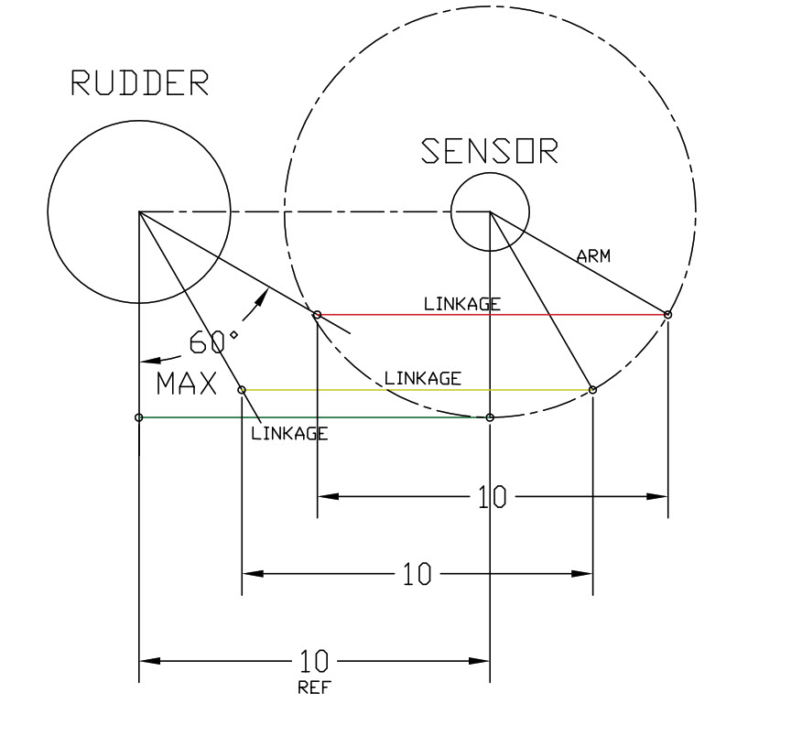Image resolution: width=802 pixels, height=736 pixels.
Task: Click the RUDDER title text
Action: point(140,83)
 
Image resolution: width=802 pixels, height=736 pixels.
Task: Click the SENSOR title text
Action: point(490,151)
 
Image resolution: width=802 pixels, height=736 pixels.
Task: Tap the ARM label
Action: point(593,255)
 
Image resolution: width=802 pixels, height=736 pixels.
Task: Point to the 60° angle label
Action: point(213,342)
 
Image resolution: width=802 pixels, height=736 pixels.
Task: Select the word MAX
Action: point(187,384)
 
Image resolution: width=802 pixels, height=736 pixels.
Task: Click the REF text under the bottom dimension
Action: point(315,687)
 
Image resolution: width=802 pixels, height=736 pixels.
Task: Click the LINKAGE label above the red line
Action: point(462,304)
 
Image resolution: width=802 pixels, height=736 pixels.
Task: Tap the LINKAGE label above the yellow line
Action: point(422,378)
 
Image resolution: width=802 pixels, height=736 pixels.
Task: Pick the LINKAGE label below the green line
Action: point(289,434)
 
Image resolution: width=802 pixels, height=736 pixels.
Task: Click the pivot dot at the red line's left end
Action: point(317,315)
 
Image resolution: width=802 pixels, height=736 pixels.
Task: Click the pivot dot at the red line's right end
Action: point(667,315)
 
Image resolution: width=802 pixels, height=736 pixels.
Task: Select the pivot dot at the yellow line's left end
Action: point(242,390)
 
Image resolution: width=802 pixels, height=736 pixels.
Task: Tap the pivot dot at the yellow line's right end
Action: point(592,390)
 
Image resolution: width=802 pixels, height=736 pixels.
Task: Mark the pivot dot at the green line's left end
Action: point(138,417)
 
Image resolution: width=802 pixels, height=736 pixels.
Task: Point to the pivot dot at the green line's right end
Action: point(490,417)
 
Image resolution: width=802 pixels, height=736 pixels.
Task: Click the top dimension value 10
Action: point(492,497)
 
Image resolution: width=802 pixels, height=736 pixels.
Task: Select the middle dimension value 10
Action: point(417,574)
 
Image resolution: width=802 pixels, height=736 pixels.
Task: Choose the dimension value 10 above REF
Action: point(313,661)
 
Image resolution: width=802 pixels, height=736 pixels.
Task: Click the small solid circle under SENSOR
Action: point(490,211)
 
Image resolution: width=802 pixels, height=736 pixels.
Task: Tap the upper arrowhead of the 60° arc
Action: point(263,297)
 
